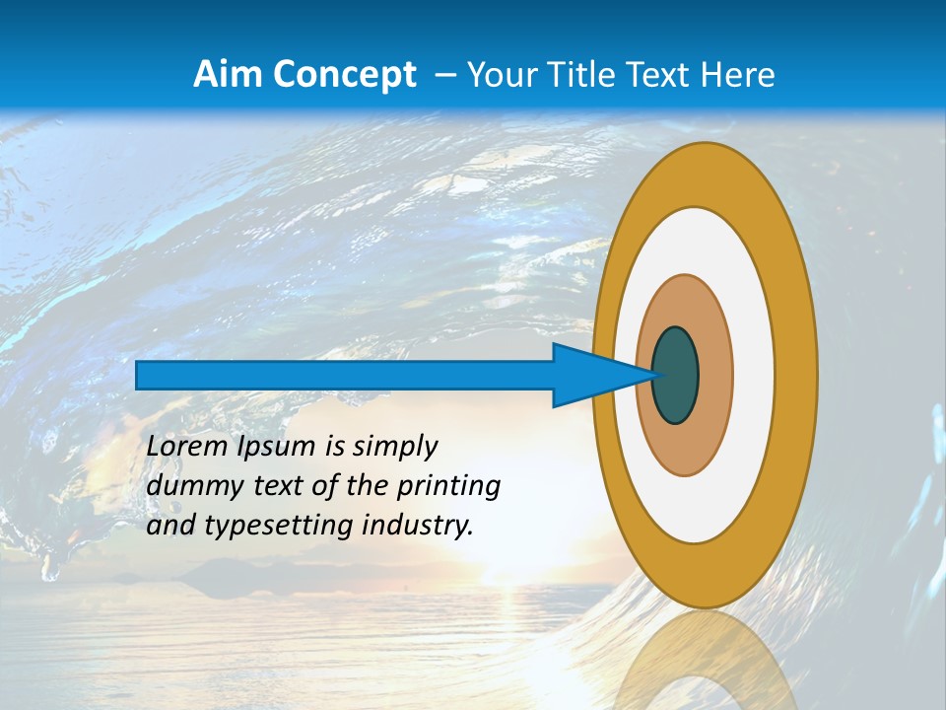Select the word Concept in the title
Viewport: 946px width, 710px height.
click(x=343, y=74)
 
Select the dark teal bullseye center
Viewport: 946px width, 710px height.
click(x=675, y=375)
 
